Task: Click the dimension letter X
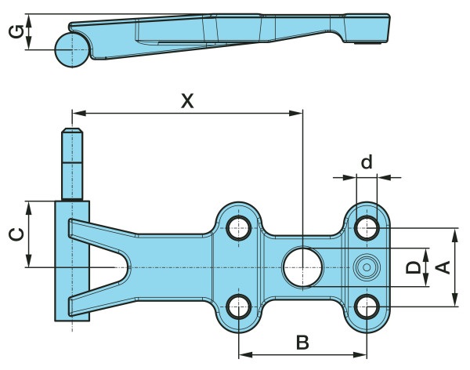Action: (x=186, y=100)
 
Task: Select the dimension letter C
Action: (x=13, y=234)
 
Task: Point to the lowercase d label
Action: (x=366, y=162)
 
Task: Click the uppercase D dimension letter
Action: (x=413, y=267)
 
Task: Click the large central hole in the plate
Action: (x=302, y=267)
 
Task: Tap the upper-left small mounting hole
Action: (x=239, y=228)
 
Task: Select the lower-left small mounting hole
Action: (x=239, y=305)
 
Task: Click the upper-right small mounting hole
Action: (x=366, y=228)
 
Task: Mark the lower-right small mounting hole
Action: (x=366, y=305)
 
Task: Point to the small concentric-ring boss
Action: (x=366, y=267)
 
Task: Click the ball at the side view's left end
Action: (x=72, y=49)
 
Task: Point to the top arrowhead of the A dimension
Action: (x=454, y=233)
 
